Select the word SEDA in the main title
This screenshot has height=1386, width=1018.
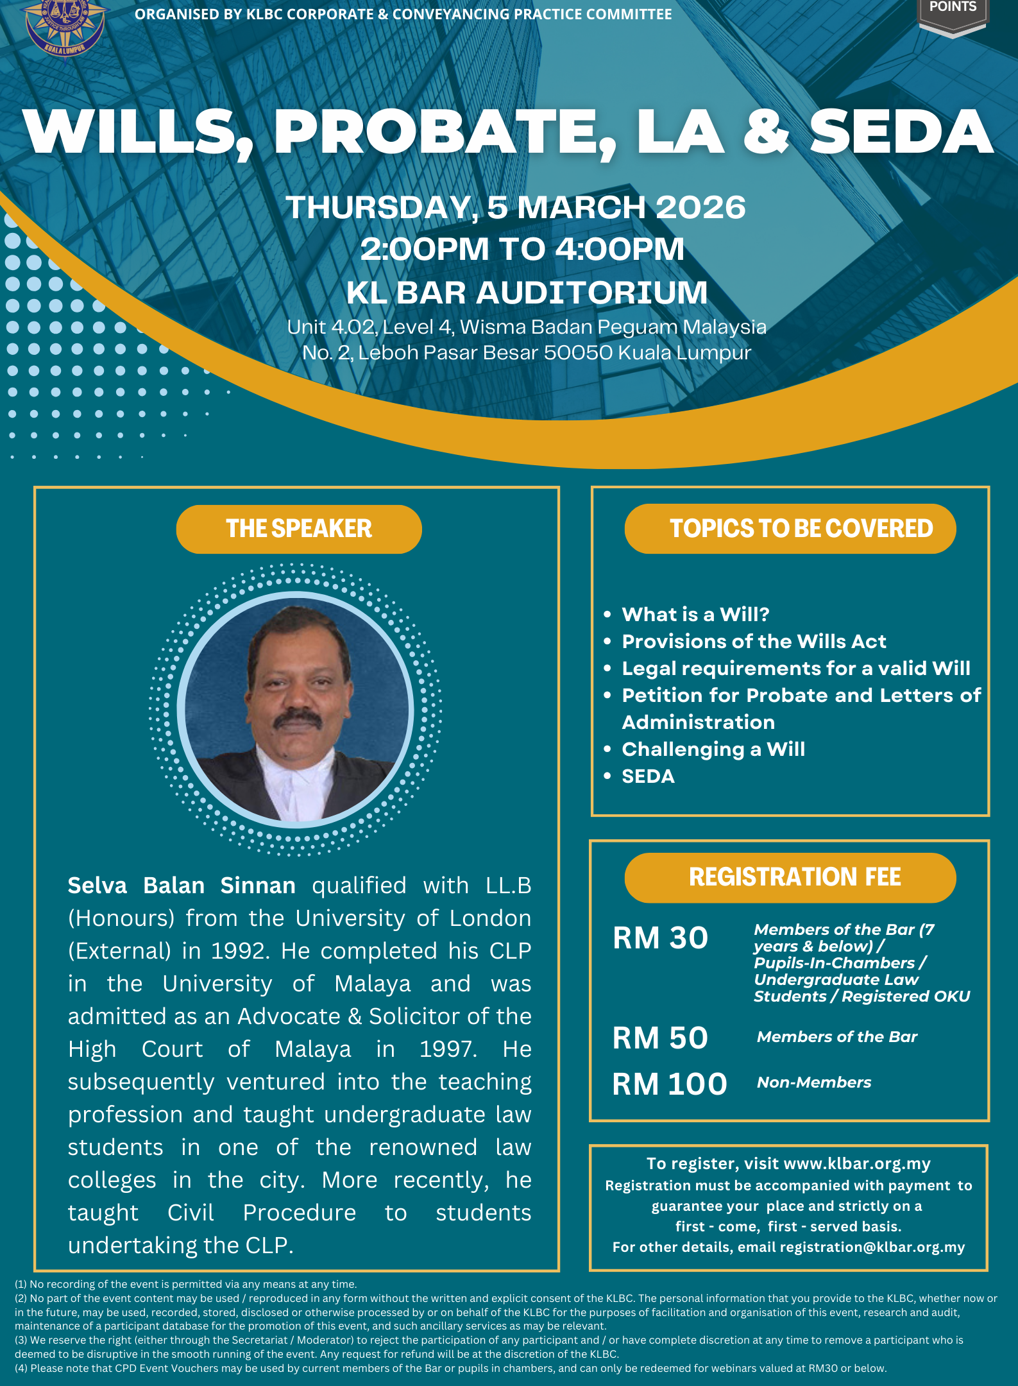(x=901, y=132)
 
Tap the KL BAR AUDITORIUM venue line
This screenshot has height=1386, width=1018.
(x=527, y=293)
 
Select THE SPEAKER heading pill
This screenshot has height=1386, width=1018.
(x=299, y=529)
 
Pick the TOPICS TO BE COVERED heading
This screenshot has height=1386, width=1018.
(x=790, y=529)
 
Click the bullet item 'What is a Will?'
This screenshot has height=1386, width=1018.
(x=695, y=614)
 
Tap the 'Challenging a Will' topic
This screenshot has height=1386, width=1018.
(x=713, y=749)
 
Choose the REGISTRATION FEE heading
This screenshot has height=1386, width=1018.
(x=790, y=877)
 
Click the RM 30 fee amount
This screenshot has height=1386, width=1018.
(x=660, y=937)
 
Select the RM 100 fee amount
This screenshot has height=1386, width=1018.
(x=669, y=1084)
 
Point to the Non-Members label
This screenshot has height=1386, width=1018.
(x=814, y=1082)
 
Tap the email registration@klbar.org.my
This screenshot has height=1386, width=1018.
(x=872, y=1247)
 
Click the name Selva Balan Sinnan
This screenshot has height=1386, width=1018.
(x=182, y=886)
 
